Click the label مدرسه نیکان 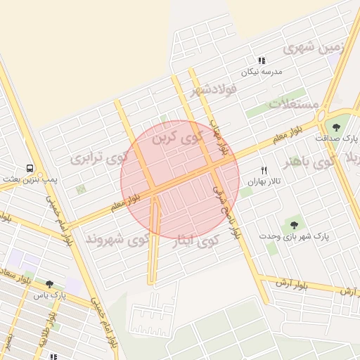[x=262, y=72]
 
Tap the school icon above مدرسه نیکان [x=262, y=61]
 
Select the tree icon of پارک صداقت [x=337, y=127]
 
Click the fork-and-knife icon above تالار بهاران [x=264, y=169]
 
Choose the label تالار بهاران [x=264, y=181]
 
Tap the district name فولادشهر [x=215, y=89]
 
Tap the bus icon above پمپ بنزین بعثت [x=30, y=169]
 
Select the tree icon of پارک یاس [x=49, y=284]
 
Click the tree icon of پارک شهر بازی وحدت [x=293, y=225]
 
